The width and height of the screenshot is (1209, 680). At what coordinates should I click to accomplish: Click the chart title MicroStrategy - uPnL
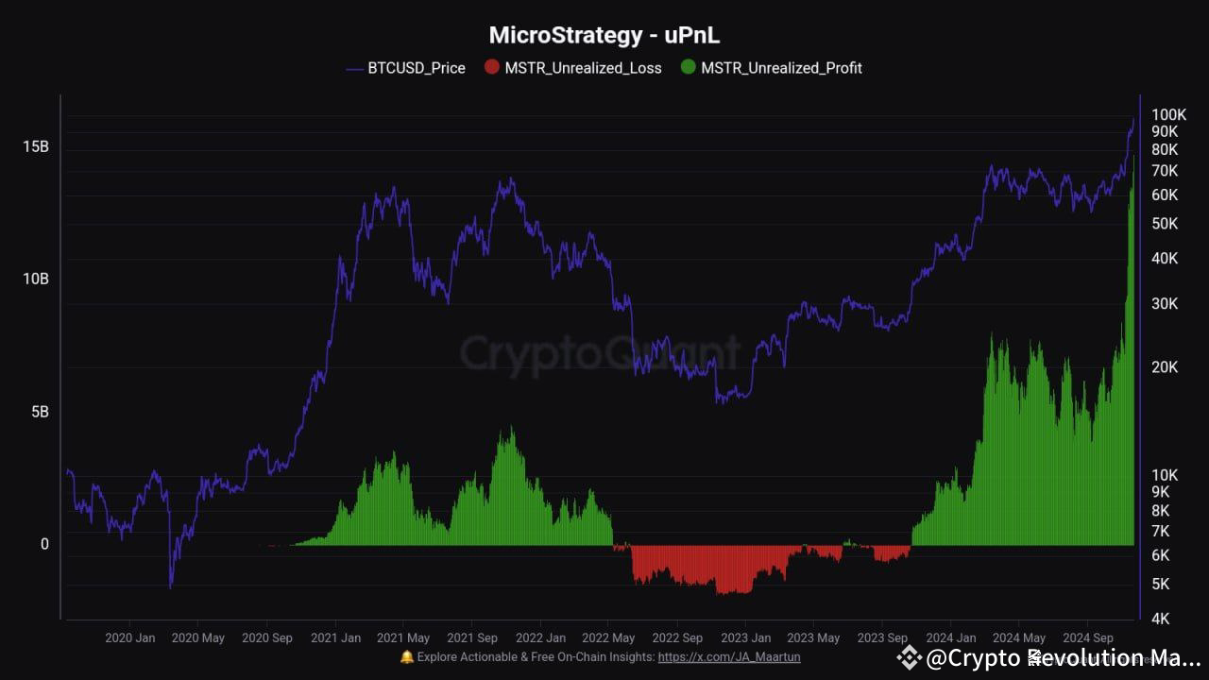click(604, 36)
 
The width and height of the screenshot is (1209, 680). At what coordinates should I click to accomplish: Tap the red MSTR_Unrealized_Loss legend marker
click(491, 67)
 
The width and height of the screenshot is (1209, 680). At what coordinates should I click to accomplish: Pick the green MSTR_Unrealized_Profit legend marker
click(688, 67)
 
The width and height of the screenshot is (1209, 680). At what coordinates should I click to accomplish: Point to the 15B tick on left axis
click(36, 146)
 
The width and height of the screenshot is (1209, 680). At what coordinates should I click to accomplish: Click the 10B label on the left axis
click(36, 280)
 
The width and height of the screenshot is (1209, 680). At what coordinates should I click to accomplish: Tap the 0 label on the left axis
click(43, 545)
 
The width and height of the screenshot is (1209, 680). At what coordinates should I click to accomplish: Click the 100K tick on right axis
click(1167, 114)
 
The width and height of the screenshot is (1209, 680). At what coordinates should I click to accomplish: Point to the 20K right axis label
click(1164, 367)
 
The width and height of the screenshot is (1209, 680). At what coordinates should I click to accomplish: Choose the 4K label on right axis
click(1160, 619)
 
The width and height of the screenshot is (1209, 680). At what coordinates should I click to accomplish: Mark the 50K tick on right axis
click(1164, 224)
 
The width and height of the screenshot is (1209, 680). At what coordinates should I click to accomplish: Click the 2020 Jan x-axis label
click(130, 638)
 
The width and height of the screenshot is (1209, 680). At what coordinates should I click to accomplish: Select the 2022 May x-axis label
click(609, 638)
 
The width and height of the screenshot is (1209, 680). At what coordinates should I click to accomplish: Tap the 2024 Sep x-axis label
click(1088, 638)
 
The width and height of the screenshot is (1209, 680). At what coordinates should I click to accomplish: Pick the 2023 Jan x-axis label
click(745, 638)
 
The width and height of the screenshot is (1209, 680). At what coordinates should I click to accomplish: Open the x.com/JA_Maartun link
click(728, 657)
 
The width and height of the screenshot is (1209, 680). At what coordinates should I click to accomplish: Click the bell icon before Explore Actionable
click(407, 657)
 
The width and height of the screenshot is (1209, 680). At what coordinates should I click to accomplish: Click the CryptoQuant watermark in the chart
click(601, 353)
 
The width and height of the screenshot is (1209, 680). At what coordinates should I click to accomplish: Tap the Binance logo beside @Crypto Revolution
click(909, 657)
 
